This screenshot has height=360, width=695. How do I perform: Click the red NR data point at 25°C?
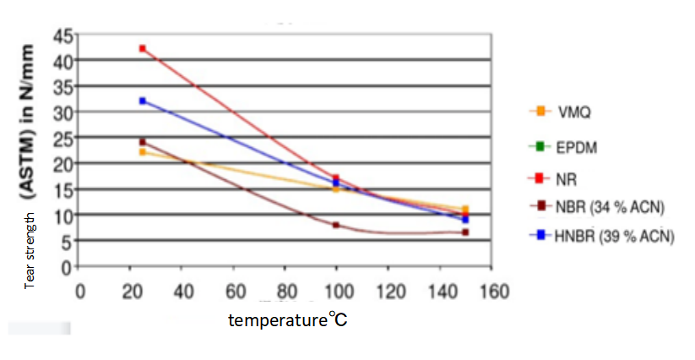(143, 48)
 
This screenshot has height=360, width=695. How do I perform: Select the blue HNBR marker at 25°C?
(143, 101)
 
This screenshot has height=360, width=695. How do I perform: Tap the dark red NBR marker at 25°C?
(143, 142)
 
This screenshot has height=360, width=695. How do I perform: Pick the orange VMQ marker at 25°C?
(143, 152)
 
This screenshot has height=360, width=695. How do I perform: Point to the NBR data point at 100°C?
(336, 225)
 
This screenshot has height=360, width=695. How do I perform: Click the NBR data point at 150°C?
(465, 232)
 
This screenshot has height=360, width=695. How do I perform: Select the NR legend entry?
(557, 179)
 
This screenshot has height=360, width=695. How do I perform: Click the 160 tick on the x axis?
(491, 292)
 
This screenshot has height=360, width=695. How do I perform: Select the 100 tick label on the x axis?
(336, 292)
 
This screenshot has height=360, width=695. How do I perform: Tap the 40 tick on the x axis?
(182, 292)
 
